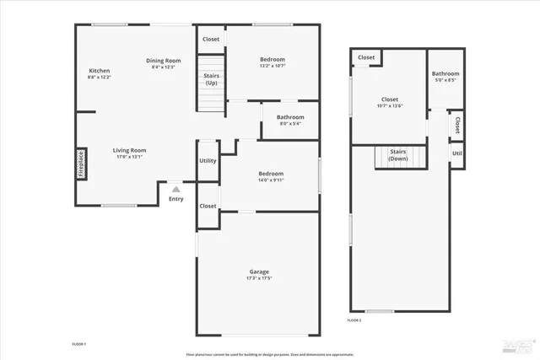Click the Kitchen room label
[x=100, y=70]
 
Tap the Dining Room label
[x=164, y=61]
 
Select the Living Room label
[x=130, y=150]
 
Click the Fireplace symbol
[x=82, y=164]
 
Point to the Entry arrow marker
[x=175, y=190]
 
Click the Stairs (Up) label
[x=212, y=79]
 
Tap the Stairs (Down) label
[x=397, y=156]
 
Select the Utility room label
[x=208, y=160]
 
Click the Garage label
[x=259, y=271]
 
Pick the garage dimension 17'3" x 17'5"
[x=259, y=278]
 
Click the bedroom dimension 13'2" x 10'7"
[x=272, y=66]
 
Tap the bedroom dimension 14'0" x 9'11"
[x=271, y=180]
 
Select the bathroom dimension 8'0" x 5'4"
[x=290, y=124]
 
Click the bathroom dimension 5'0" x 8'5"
[x=445, y=80]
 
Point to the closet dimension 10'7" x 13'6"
[x=389, y=106]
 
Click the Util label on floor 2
[x=456, y=154]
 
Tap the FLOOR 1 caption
[x=78, y=344]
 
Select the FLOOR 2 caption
[x=354, y=320]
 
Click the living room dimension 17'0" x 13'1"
[x=130, y=157]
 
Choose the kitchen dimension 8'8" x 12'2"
[x=100, y=77]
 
